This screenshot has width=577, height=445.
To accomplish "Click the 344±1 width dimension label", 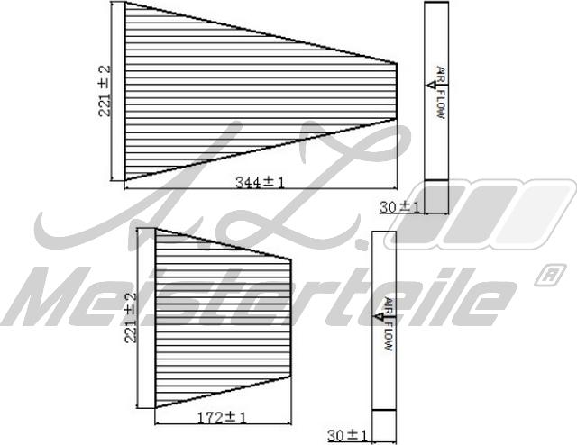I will (260, 182).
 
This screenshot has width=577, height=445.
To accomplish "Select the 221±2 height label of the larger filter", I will (105, 90).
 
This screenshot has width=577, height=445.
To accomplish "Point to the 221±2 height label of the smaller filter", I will (133, 316).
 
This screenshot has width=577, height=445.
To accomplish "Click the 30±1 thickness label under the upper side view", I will (399, 206).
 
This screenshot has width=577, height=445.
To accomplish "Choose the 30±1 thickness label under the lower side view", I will (347, 435).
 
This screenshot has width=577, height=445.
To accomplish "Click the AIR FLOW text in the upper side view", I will (441, 93).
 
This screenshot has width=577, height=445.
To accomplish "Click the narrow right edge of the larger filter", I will (398, 90).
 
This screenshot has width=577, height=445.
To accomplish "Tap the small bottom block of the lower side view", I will (385, 424).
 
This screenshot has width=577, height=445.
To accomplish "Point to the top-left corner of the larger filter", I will (124, 3).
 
